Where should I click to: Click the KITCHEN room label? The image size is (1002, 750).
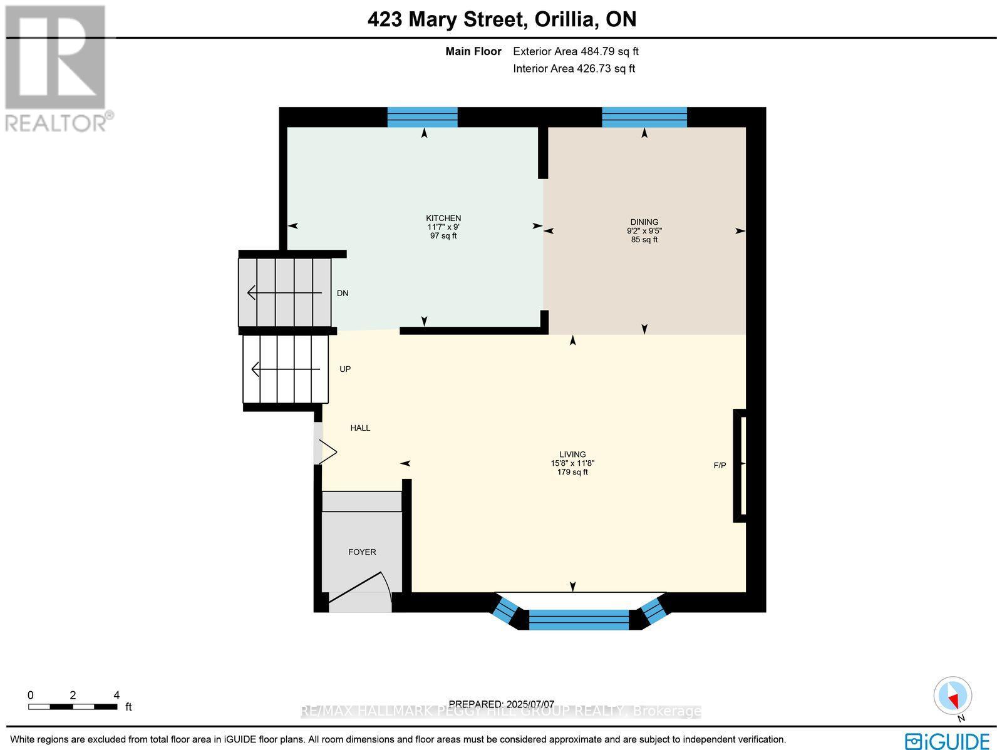tap(443, 218)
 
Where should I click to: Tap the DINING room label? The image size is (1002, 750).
tap(644, 222)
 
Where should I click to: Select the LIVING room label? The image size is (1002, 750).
tap(572, 455)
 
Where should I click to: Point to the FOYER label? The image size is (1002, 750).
tap(362, 552)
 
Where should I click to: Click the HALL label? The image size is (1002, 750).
tap(360, 428)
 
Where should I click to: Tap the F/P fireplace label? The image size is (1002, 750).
tap(720, 465)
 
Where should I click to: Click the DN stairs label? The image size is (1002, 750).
tap(343, 293)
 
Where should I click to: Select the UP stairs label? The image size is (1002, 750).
tap(345, 369)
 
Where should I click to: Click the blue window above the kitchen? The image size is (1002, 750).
tap(422, 117)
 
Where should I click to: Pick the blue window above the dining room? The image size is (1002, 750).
tap(644, 117)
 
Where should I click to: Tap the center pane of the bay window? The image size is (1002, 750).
tap(579, 619)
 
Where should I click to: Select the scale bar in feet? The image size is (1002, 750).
tap(73, 707)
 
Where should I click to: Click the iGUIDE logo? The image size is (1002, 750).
tap(947, 741)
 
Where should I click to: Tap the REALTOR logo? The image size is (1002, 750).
tap(58, 69)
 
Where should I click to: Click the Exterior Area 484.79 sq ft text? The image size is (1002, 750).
tap(576, 52)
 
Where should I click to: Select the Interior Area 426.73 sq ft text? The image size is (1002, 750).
tap(574, 69)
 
